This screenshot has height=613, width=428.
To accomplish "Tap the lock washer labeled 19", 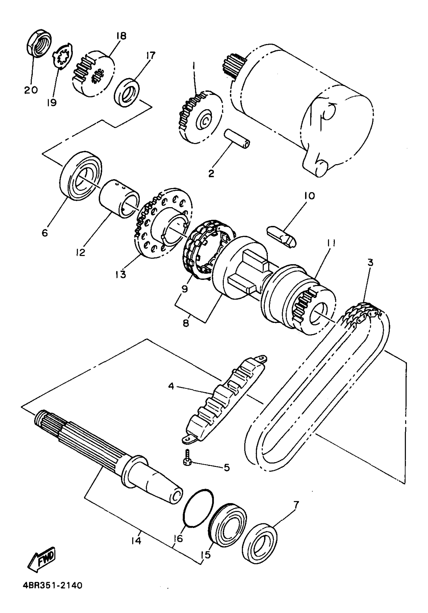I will [x=62, y=56].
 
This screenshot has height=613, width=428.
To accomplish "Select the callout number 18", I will [x=121, y=36].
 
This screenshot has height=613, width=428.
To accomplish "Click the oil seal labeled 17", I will [x=127, y=92].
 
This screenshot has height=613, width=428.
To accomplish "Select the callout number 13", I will [x=121, y=275].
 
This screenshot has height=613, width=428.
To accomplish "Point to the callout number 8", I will [x=186, y=323].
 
